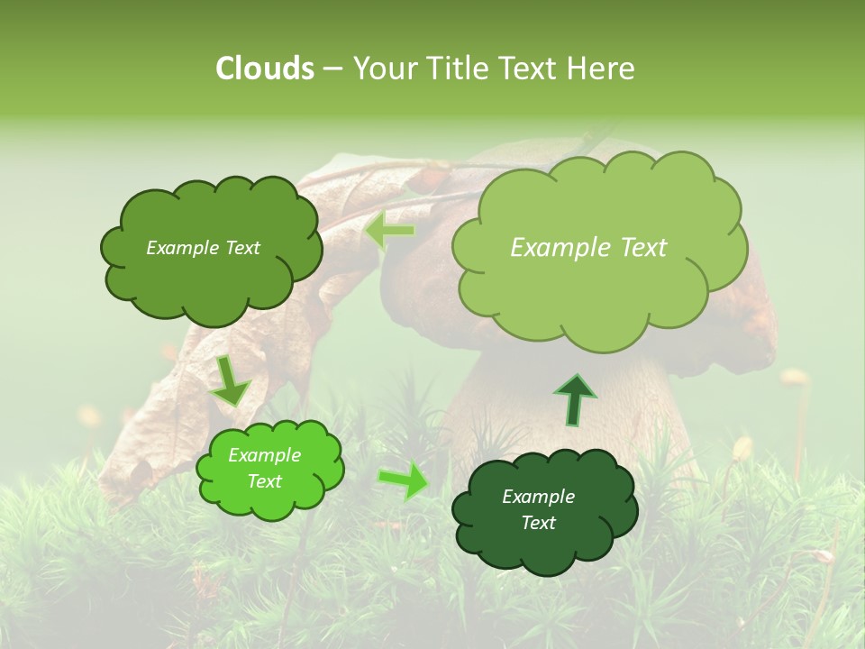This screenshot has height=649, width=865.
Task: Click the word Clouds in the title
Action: (x=265, y=69)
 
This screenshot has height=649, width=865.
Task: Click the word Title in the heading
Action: (x=454, y=69)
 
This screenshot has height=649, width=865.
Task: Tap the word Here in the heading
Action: (x=600, y=69)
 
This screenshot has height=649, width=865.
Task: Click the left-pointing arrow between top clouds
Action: (x=389, y=232)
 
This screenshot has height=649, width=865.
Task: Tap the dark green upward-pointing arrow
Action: (x=574, y=398)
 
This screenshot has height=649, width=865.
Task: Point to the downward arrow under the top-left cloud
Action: (x=230, y=381)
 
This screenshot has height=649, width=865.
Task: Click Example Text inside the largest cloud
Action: (x=588, y=248)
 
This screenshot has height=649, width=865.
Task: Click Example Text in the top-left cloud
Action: (x=203, y=248)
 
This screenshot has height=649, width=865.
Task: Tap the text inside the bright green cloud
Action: (x=264, y=469)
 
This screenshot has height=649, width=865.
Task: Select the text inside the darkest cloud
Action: (x=538, y=509)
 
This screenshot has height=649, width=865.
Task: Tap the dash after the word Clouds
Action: (x=332, y=69)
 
